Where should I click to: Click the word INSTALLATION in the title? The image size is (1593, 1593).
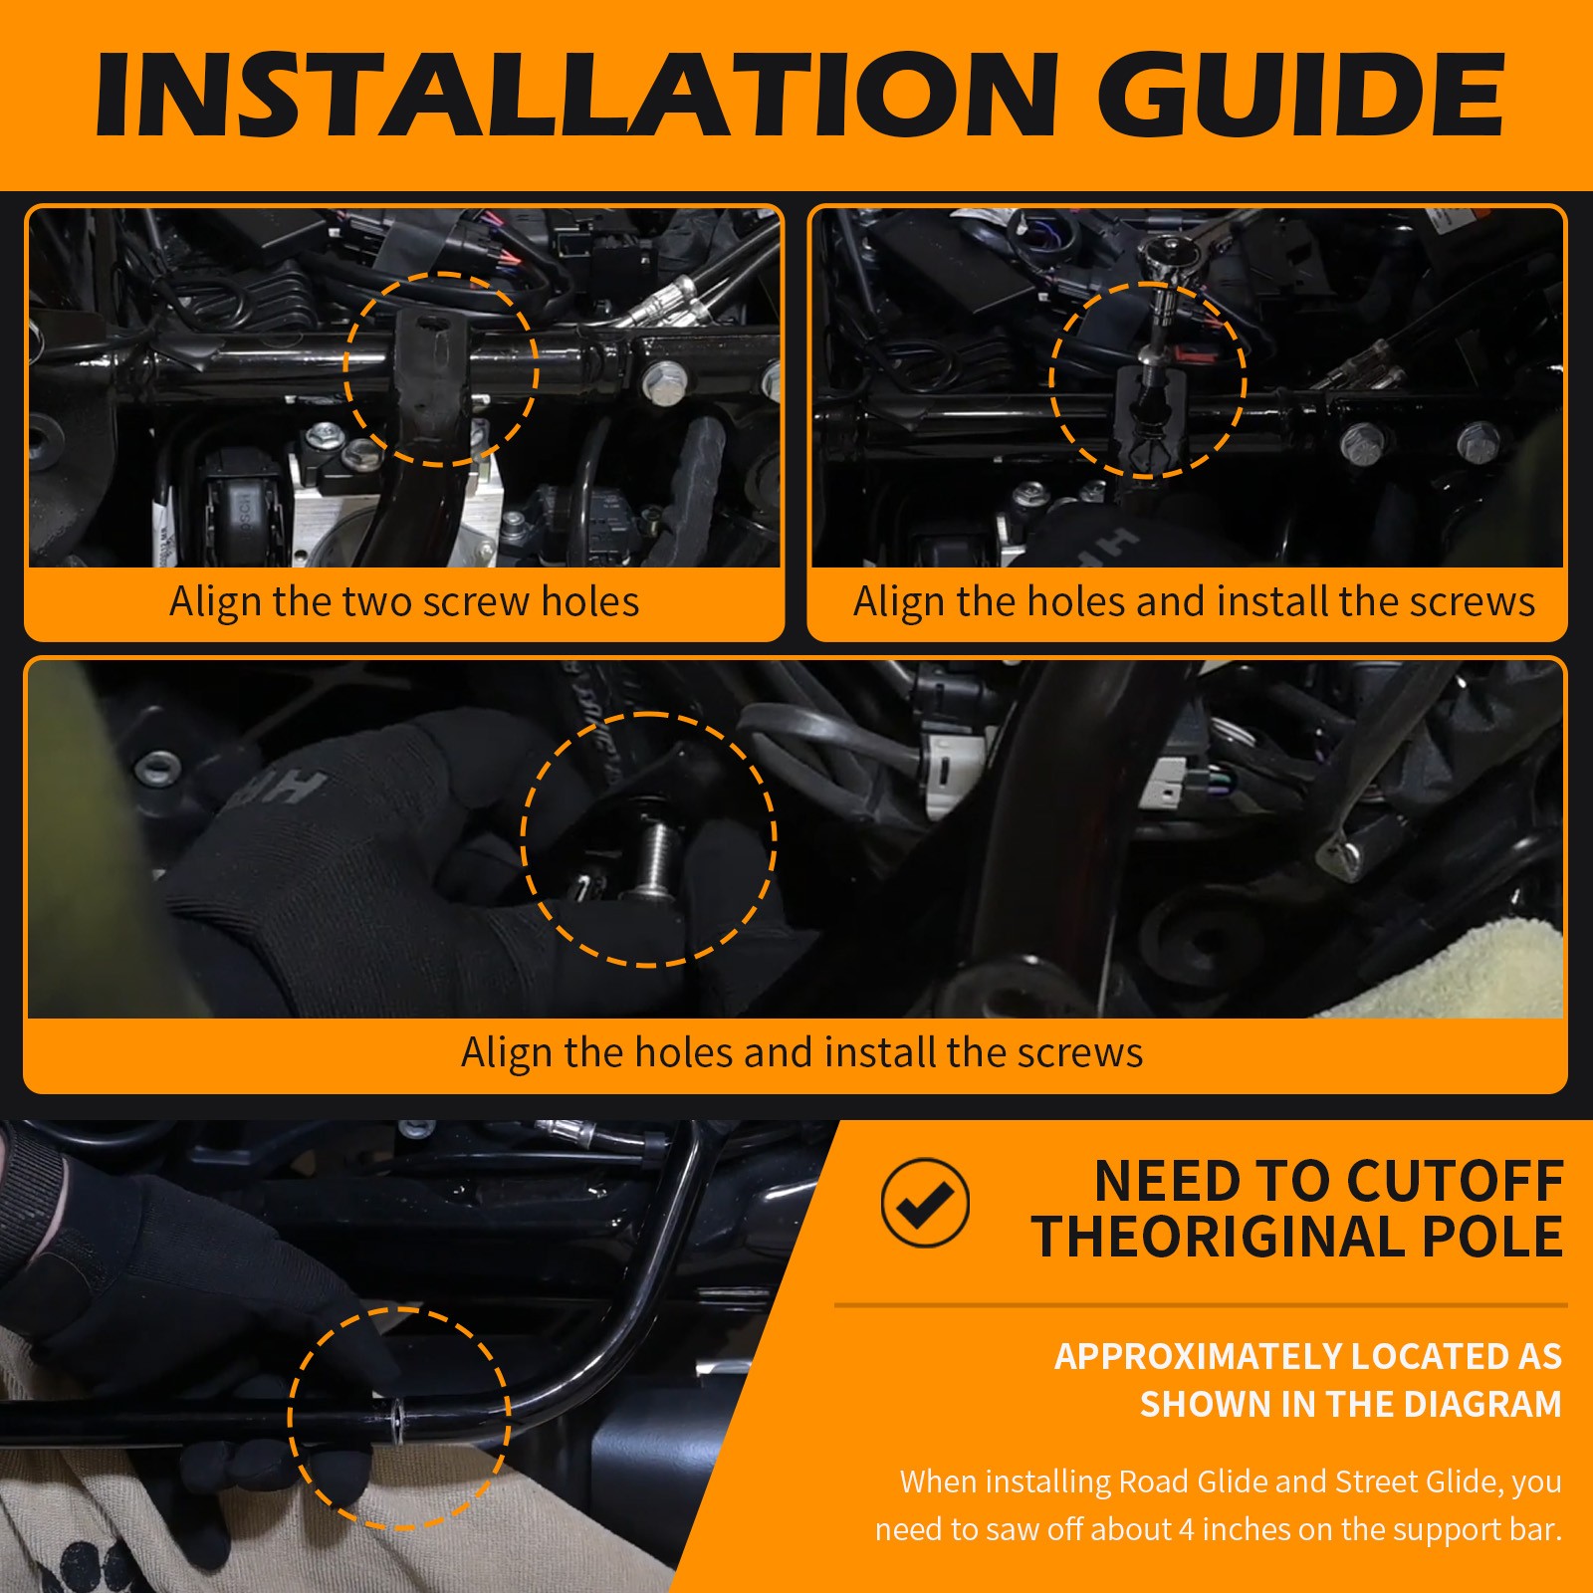(x=575, y=96)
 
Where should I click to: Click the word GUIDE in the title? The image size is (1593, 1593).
(x=1301, y=96)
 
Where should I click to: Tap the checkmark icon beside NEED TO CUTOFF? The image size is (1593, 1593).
(x=925, y=1203)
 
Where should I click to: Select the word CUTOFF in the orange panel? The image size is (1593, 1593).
(x=1458, y=1182)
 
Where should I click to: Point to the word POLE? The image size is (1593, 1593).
(x=1492, y=1238)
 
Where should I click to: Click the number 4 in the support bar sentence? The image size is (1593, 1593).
(x=1186, y=1529)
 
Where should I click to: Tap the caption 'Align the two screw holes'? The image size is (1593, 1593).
(x=404, y=602)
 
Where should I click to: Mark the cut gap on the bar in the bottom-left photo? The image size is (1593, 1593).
(x=397, y=1415)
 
